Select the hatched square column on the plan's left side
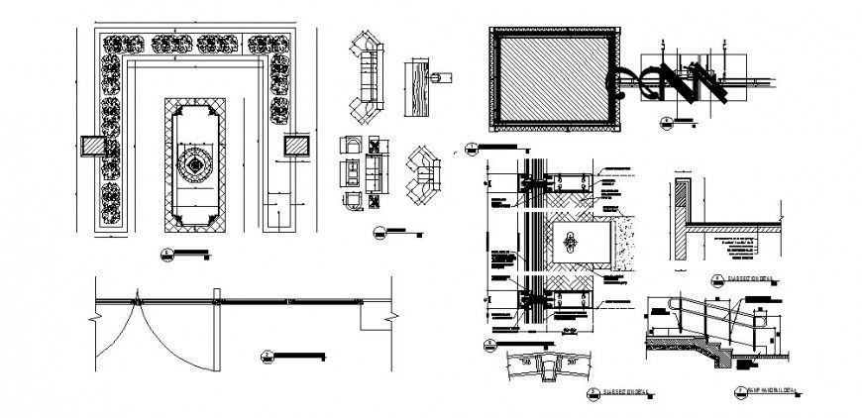[x=91, y=145]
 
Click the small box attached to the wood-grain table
[x=443, y=75]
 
